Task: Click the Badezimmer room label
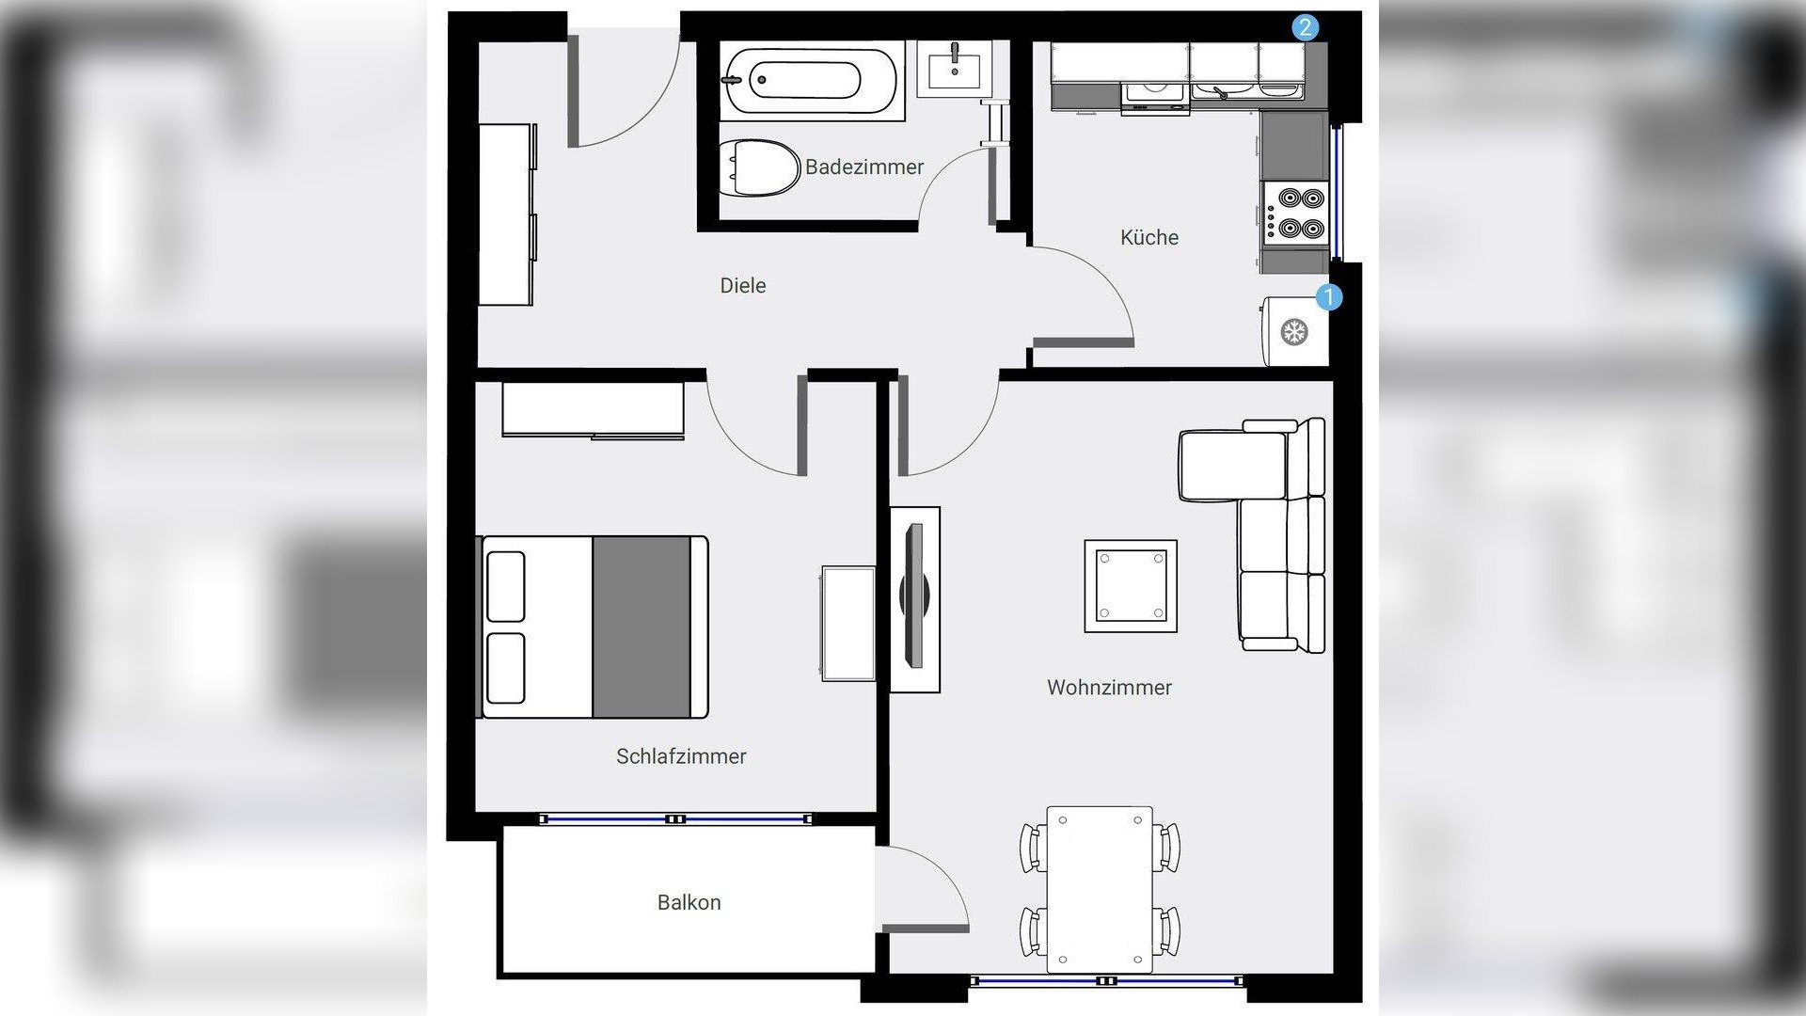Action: point(864,167)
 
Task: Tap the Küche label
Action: point(1149,237)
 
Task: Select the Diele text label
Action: point(743,285)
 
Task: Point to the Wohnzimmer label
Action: point(1109,688)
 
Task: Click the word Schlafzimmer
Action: point(681,756)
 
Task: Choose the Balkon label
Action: point(689,902)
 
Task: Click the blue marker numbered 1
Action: point(1328,297)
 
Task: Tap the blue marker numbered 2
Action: point(1305,27)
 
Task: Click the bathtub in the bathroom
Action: point(812,81)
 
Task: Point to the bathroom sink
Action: point(955,68)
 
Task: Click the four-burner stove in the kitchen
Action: point(1295,214)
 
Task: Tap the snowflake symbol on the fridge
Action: point(1294,332)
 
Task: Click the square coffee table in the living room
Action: point(1131,586)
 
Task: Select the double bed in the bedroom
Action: point(594,627)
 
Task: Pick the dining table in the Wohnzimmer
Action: point(1100,890)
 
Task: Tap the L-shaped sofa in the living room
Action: point(1260,532)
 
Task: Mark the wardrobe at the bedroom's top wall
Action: point(593,410)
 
